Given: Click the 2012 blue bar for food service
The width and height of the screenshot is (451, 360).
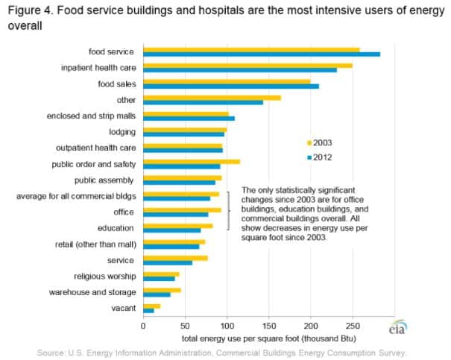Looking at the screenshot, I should click(261, 54).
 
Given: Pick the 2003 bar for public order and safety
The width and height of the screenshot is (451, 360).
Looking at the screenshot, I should click(191, 161).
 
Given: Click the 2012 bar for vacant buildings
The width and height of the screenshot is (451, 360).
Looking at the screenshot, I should click(148, 311).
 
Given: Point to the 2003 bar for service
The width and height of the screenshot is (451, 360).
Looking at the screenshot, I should click(175, 258).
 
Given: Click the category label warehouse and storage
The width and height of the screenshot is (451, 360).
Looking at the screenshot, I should click(93, 292).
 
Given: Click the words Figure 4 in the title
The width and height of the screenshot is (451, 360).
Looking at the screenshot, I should click(30, 10).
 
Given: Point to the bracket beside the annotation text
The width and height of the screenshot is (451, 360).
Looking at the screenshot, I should click(228, 210).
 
